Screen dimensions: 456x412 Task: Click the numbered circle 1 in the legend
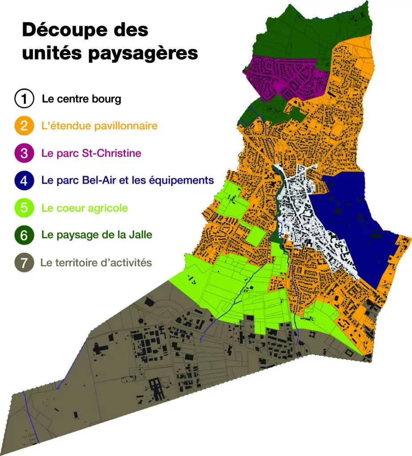click(x=24, y=99)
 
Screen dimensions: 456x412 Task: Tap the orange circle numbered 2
click(x=24, y=126)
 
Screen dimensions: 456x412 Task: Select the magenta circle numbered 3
click(x=24, y=153)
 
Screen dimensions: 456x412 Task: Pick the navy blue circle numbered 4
click(x=24, y=181)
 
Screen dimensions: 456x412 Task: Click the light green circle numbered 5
click(x=24, y=208)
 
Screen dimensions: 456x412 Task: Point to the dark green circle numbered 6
click(x=24, y=235)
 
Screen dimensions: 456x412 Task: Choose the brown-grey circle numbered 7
click(x=24, y=263)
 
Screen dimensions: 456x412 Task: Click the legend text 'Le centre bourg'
click(x=81, y=99)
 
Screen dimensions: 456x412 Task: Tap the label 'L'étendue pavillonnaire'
click(x=99, y=126)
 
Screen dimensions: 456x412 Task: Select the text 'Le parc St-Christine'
click(x=91, y=153)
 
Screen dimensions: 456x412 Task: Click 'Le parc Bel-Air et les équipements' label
click(x=128, y=181)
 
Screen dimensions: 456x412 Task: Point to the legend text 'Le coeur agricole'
click(x=85, y=208)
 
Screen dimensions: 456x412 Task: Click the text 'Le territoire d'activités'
click(x=96, y=263)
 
